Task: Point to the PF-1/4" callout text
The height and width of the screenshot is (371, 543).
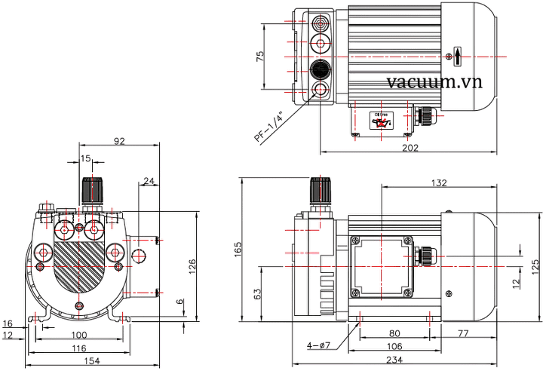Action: pyautogui.click(x=268, y=127)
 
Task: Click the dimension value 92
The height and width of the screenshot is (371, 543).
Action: pyautogui.click(x=119, y=140)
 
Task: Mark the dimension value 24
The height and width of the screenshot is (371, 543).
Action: pyautogui.click(x=148, y=181)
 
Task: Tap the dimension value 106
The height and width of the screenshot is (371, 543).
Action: pyautogui.click(x=394, y=346)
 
